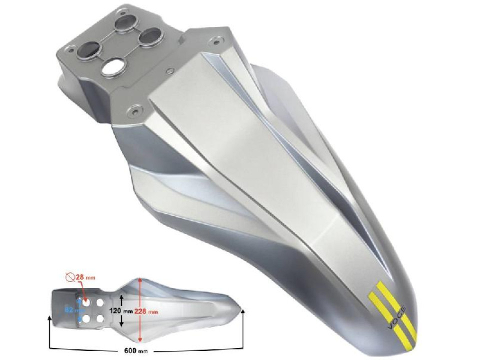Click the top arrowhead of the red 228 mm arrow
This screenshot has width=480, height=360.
tap(141, 281)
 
